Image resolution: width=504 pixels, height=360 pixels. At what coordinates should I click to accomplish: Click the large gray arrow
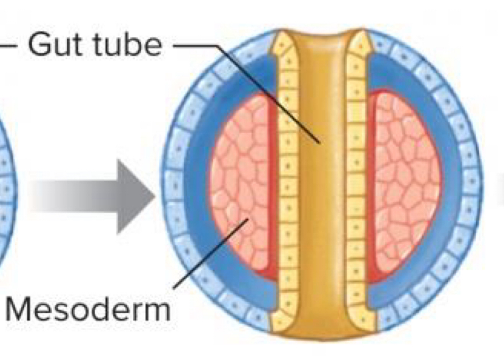pyautogui.click(x=97, y=196)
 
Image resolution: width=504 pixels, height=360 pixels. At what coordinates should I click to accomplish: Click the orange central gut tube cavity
pyautogui.click(x=321, y=205)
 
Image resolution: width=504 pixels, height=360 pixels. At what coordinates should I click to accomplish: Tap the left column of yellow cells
pyautogui.click(x=288, y=195)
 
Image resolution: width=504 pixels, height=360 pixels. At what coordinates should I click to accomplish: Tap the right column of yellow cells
pyautogui.click(x=357, y=195)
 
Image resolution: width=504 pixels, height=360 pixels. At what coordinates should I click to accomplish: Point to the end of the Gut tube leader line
pyautogui.click(x=320, y=143)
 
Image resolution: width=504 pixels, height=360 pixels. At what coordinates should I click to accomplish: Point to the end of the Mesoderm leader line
pyautogui.click(x=248, y=220)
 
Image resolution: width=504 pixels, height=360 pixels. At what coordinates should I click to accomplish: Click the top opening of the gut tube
pyautogui.click(x=322, y=36)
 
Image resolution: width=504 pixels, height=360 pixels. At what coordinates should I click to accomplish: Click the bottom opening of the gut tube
pyautogui.click(x=322, y=333)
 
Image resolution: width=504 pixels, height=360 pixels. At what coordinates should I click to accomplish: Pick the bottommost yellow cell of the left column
pyautogui.click(x=281, y=321)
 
